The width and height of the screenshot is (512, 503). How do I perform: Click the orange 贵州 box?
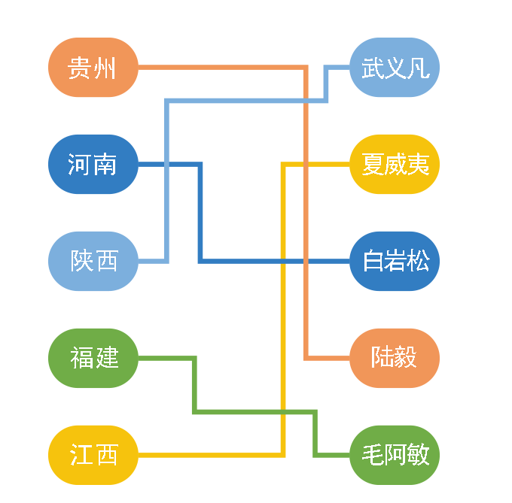pyautogui.click(x=93, y=68)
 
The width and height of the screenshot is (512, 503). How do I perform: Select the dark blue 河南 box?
pyautogui.click(x=93, y=164)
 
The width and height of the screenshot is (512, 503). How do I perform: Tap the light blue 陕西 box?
pyautogui.click(x=93, y=261)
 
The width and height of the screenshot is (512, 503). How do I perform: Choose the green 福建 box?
pyautogui.click(x=93, y=358)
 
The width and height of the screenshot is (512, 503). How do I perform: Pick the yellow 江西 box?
pyautogui.click(x=93, y=455)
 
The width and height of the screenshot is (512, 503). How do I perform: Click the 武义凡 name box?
pyautogui.click(x=395, y=68)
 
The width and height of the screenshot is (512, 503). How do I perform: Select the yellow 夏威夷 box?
pyautogui.click(x=395, y=164)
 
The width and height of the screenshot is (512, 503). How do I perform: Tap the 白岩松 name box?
pyautogui.click(x=395, y=261)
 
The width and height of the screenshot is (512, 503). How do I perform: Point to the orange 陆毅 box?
pyautogui.click(x=395, y=358)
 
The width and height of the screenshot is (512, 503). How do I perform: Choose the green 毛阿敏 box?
pyautogui.click(x=395, y=455)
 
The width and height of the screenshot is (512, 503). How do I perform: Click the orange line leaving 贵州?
pyautogui.click(x=226, y=68)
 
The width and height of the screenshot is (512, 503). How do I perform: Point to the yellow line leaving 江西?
pyautogui.click(x=211, y=455)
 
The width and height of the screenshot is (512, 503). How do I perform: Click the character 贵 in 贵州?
pyautogui.click(x=79, y=68)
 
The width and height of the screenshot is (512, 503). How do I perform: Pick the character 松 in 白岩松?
pyautogui.click(x=418, y=261)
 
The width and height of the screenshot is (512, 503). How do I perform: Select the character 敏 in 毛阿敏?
pyautogui.click(x=418, y=455)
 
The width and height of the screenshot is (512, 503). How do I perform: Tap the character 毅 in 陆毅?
pyautogui.click(x=406, y=358)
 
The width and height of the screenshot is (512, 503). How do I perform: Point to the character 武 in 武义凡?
pyautogui.click(x=373, y=68)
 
